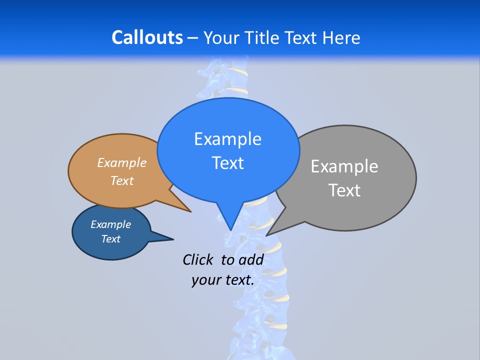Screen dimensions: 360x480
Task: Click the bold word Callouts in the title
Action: coord(147,37)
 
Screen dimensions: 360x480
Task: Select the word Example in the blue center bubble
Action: coord(227,139)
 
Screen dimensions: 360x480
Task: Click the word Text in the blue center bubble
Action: coord(227,163)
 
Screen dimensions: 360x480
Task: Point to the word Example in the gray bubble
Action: coord(344,166)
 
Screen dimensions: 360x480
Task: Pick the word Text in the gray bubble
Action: coord(344,190)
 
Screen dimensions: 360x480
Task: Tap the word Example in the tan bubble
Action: coord(122,163)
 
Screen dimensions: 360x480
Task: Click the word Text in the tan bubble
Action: coord(122,180)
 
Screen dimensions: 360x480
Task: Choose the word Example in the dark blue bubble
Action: coord(111,224)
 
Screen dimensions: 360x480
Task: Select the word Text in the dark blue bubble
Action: coord(111,239)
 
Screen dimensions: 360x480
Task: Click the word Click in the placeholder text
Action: coord(198,259)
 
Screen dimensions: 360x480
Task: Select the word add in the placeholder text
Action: coord(251,259)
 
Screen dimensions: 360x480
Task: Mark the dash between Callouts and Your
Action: coord(193,37)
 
